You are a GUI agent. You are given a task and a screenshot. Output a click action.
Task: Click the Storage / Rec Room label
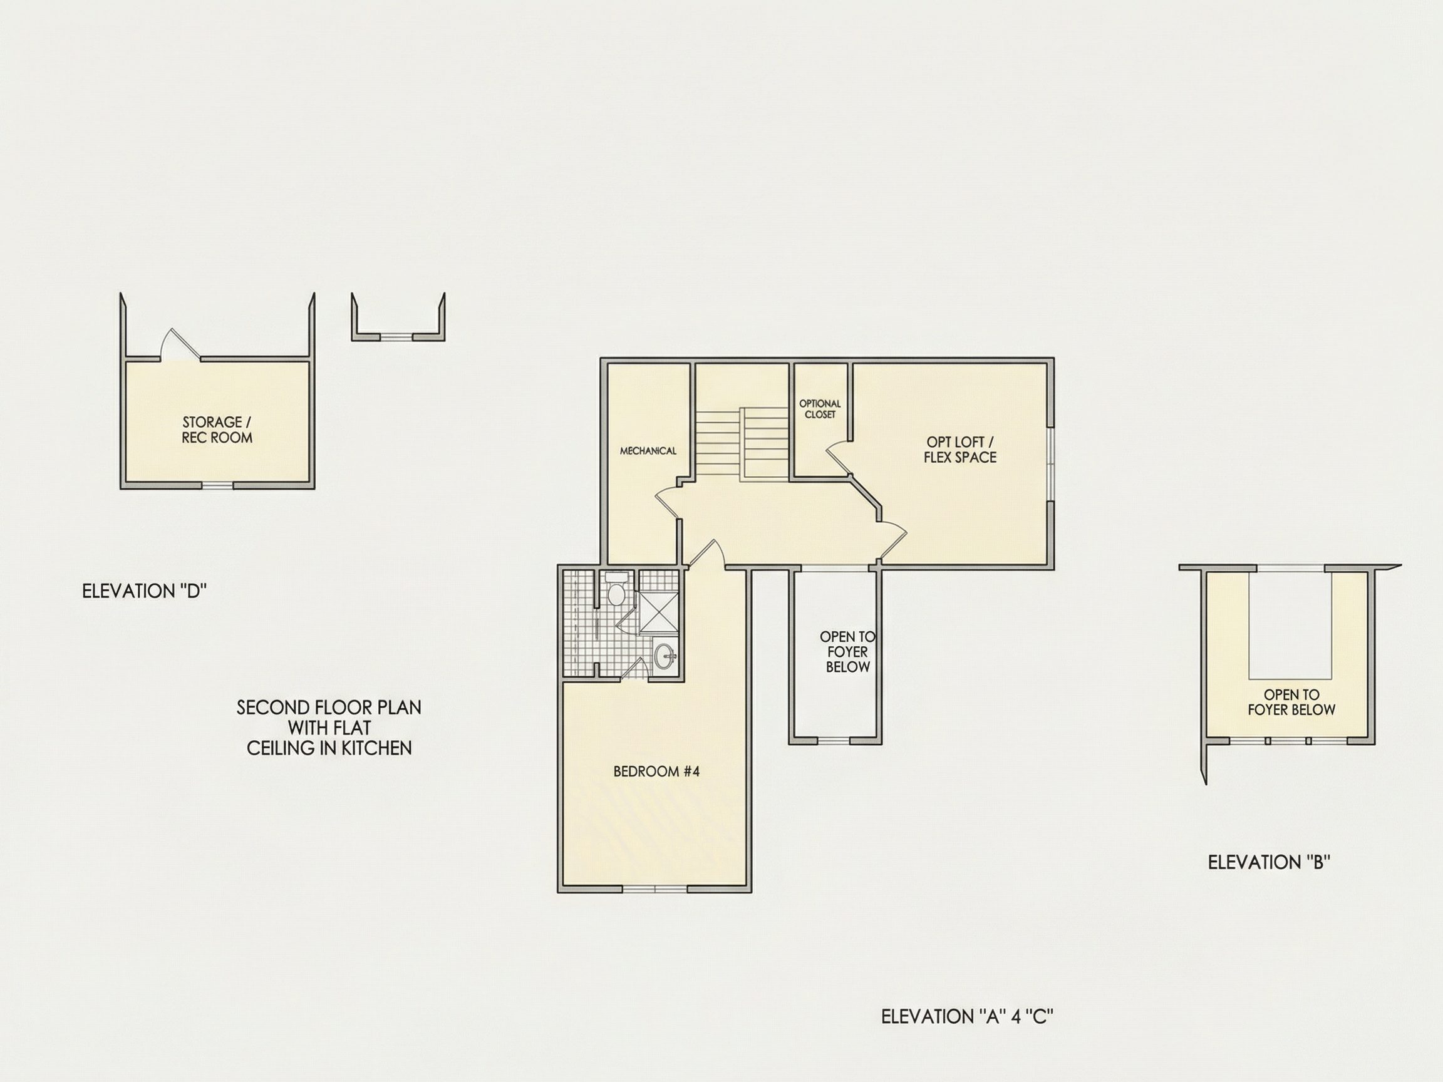(217, 430)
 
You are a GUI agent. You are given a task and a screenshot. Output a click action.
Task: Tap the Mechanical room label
(648, 451)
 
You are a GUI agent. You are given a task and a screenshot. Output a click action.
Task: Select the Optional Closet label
(820, 409)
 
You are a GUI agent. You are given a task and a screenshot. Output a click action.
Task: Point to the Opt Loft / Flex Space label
(959, 450)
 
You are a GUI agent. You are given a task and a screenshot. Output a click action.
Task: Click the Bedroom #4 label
(656, 771)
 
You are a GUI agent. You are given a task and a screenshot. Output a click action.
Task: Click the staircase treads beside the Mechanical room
(742, 444)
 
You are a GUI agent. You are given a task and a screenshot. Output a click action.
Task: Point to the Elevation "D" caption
(144, 591)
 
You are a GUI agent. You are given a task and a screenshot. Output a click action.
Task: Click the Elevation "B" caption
(1269, 862)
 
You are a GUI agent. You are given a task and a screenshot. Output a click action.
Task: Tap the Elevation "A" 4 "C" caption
(968, 1016)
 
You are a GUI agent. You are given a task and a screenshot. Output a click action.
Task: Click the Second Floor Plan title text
(329, 728)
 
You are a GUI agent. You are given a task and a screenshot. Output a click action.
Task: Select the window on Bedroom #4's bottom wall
(655, 889)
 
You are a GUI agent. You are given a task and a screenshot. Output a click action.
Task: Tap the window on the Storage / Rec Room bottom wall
(217, 485)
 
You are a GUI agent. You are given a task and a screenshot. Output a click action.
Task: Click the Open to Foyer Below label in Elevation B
(1291, 703)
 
